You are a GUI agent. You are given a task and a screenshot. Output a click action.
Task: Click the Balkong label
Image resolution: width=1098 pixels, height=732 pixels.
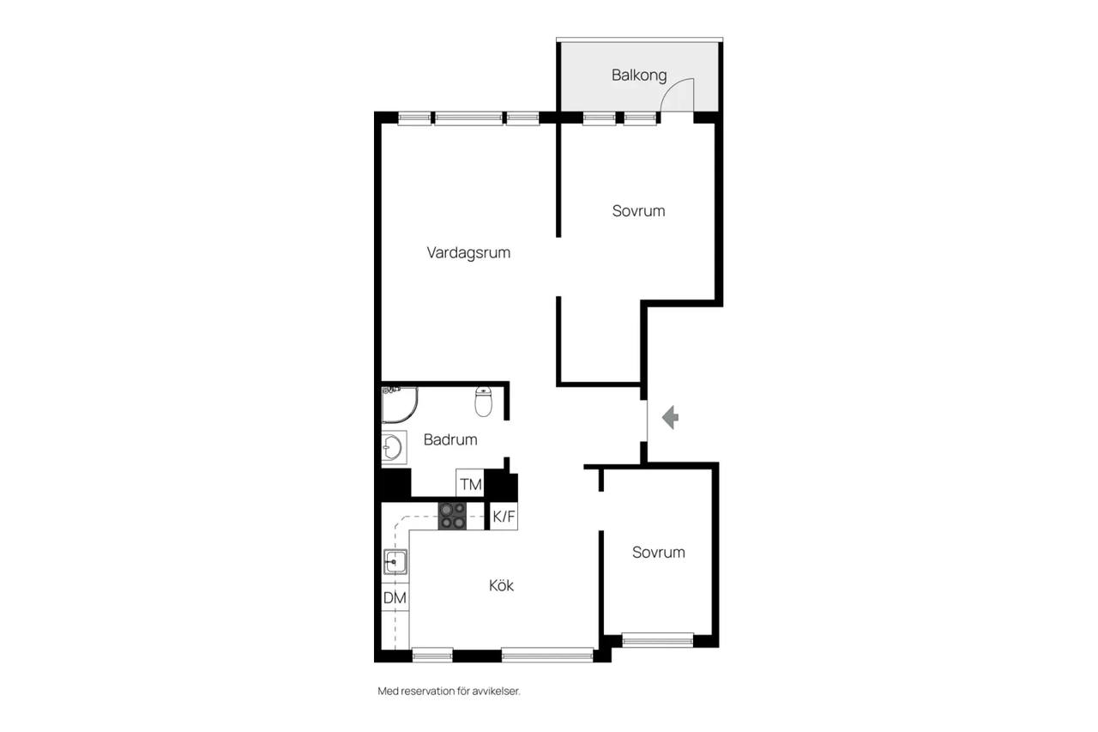[x=639, y=75]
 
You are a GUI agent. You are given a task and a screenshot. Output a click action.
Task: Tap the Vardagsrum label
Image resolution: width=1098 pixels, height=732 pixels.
[x=468, y=252]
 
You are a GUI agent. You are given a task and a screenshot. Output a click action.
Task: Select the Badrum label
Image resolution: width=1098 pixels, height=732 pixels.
[x=450, y=439]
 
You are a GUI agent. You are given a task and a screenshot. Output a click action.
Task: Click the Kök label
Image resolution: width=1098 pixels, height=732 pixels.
[x=501, y=585]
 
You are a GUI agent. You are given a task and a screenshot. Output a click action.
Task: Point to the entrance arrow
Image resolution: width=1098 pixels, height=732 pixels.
[x=670, y=417]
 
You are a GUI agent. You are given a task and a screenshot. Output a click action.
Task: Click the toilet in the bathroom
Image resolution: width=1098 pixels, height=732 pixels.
[x=483, y=401]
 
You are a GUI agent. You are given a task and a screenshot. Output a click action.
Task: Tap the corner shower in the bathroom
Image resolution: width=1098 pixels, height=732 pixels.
[x=400, y=404]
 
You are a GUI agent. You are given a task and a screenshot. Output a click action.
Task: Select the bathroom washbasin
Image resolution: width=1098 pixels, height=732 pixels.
[x=394, y=447]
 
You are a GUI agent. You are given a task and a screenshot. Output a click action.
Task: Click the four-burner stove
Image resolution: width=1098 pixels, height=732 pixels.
[x=452, y=517]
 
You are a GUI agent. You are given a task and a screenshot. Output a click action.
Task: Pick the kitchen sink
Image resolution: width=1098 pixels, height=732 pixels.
[x=395, y=562]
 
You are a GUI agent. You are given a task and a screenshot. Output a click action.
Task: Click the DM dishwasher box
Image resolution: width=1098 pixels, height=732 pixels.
[x=395, y=597]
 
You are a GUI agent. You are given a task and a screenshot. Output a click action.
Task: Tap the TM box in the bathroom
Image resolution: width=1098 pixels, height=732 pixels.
[x=470, y=483]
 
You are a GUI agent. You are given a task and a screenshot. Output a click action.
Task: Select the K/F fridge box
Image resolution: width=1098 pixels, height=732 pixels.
[x=504, y=517]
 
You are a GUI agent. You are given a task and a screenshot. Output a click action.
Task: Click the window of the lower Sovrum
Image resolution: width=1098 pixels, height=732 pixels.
[x=657, y=640]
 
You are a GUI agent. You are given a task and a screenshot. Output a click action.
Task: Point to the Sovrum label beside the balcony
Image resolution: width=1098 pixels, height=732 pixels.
[x=638, y=211]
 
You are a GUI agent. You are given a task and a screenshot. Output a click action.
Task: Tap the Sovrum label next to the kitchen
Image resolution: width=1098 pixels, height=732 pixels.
[x=658, y=552]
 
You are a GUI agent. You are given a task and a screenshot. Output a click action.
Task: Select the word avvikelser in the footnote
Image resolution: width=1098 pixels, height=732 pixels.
[x=496, y=691]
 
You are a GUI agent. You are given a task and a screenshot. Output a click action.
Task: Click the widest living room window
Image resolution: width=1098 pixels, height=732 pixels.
[x=468, y=118]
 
